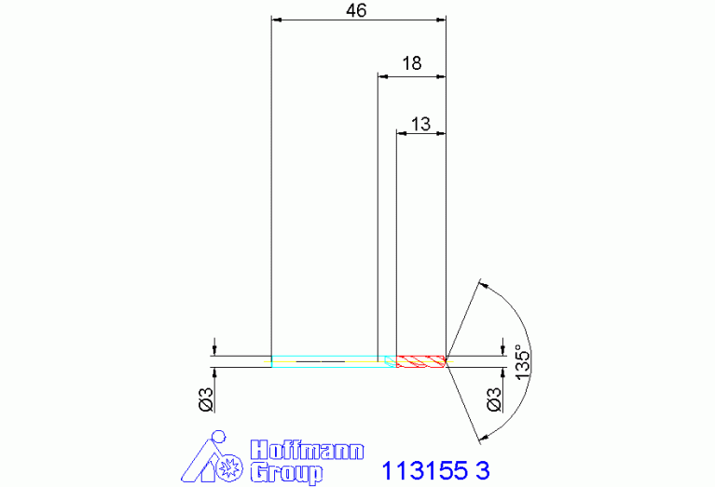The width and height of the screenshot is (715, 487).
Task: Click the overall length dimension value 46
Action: point(356,10)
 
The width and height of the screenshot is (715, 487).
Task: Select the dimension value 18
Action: point(411,63)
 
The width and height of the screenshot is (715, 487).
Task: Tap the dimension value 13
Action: point(420,124)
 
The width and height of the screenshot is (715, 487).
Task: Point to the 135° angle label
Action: point(523,362)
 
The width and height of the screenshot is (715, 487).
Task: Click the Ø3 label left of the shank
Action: point(206,400)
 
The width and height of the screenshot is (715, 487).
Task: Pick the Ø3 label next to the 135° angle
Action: point(494,399)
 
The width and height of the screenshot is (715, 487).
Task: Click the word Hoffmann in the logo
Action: point(308,450)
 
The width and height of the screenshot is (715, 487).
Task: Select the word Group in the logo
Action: point(287,472)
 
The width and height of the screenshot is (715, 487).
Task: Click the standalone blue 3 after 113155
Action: point(483,470)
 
